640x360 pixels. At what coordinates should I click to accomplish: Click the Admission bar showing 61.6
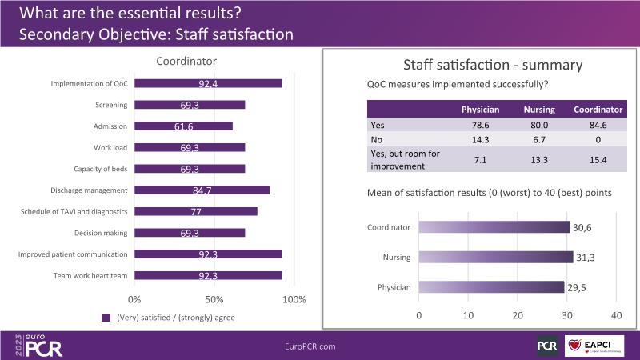(183, 126)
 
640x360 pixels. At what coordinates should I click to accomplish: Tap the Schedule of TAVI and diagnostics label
(74, 211)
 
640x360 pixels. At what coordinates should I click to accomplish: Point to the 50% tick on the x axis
(214, 299)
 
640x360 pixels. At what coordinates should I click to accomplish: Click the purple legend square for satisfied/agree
(106, 317)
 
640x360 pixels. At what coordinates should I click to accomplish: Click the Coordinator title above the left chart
(186, 61)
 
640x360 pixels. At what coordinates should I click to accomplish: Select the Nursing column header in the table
(539, 110)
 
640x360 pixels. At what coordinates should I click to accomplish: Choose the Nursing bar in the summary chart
(497, 257)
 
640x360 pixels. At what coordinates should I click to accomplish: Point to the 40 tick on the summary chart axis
(616, 314)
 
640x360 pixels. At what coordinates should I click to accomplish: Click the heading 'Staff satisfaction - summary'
(480, 66)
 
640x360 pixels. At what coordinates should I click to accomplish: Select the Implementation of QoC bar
(208, 83)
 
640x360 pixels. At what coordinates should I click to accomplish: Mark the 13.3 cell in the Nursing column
(539, 160)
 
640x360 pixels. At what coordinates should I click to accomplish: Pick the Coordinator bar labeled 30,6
(494, 227)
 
